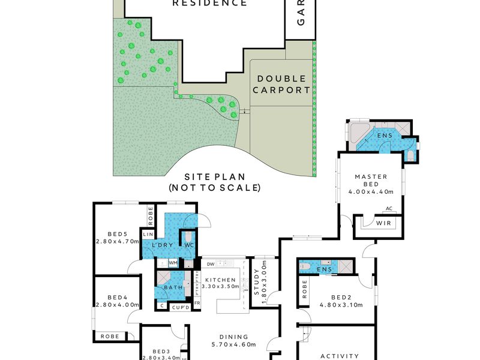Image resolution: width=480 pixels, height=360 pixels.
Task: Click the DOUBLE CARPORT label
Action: (x=281, y=85)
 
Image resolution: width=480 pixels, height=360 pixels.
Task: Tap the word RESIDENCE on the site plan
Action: (x=209, y=3)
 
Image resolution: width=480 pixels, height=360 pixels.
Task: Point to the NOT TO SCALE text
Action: (x=214, y=188)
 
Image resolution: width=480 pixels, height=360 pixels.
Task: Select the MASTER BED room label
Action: (x=371, y=176)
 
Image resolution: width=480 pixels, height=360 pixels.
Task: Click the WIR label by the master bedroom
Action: (x=383, y=223)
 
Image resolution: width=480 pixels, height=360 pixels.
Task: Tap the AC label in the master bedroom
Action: (x=389, y=209)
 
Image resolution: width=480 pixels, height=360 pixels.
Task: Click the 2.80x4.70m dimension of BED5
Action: (x=117, y=242)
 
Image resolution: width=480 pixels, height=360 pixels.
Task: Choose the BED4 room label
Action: (x=118, y=298)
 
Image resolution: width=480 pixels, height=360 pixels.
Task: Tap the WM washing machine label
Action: (x=173, y=263)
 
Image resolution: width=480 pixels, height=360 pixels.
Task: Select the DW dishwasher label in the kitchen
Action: (x=211, y=263)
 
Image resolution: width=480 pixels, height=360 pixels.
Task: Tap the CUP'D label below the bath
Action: (x=181, y=307)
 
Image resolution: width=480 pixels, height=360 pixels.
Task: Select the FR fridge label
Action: (x=197, y=304)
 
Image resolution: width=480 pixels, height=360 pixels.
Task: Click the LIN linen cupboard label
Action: (x=147, y=235)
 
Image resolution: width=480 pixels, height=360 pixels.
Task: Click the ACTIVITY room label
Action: (x=339, y=356)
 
